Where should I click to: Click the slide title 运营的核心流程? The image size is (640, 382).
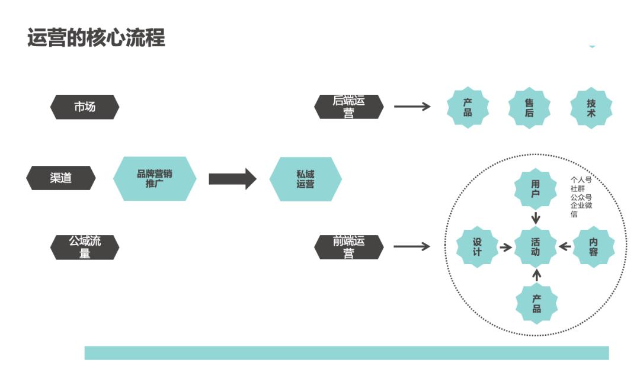96,37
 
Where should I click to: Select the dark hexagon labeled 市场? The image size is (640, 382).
85,107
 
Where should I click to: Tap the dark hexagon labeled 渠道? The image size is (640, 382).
61,178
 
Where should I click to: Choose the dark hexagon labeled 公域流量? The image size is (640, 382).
85,247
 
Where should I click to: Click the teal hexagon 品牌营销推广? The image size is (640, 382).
155,178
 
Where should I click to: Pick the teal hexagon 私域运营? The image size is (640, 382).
305,179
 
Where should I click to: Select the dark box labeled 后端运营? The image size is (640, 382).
348,107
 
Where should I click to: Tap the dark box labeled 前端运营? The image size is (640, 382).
348,247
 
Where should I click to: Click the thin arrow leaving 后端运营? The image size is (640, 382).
412,107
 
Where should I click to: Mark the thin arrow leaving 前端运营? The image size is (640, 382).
412,246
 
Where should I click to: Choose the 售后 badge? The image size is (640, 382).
529,107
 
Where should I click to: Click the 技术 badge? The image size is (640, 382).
591,107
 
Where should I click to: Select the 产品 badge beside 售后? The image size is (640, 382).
468,107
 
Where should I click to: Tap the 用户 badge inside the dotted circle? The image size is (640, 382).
536,189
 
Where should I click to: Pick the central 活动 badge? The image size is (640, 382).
536,247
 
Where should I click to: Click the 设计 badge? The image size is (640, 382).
477,247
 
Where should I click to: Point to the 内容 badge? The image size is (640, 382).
593,247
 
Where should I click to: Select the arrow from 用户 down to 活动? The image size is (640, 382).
536,217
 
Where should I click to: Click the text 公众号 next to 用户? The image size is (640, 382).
581,197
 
